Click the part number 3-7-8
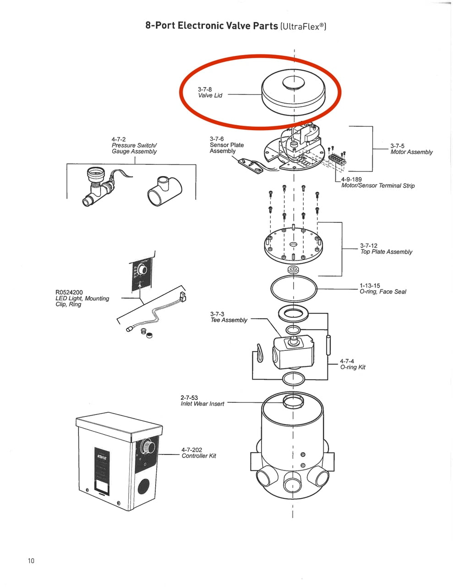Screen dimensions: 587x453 [205, 89]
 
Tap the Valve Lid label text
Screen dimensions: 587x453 [210, 95]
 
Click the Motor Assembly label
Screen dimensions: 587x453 [411, 152]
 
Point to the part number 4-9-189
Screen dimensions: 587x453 [351, 179]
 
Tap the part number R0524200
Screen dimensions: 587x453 [69, 292]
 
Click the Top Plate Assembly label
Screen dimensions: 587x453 [386, 252]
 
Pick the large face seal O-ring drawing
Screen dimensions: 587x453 [294, 288]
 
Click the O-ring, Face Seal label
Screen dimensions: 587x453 [383, 292]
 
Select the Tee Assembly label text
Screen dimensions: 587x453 [229, 320]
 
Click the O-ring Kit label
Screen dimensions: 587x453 [353, 367]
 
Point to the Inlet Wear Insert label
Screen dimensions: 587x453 [202, 404]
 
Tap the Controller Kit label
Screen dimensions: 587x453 [199, 456]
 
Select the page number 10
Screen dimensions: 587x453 [31, 560]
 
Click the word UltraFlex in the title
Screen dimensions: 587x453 [300, 26]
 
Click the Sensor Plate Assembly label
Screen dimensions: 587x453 [227, 145]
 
